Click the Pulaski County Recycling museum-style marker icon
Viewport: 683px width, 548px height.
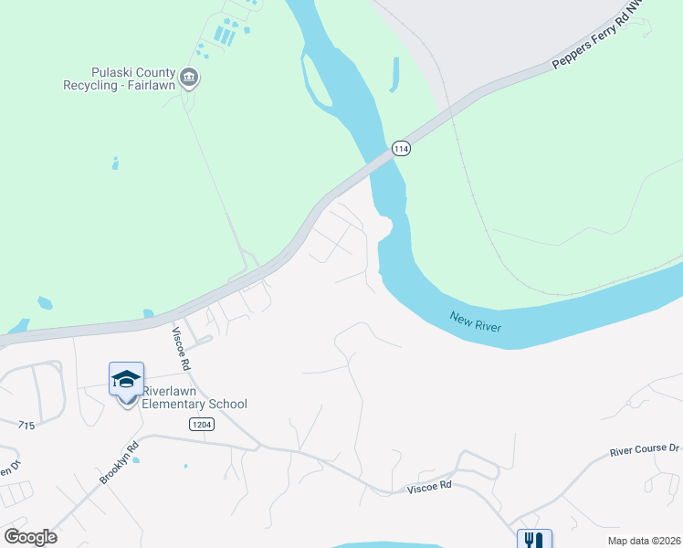coord(189,77)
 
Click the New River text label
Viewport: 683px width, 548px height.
coord(476,321)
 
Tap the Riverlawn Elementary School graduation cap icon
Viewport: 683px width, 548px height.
coord(126,379)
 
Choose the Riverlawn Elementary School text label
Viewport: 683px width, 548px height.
coord(194,398)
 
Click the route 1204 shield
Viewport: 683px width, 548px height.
coord(202,424)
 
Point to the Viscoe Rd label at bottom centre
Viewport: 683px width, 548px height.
coord(429,486)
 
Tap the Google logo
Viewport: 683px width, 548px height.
coord(30,537)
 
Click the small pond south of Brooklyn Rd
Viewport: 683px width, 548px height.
coord(136,459)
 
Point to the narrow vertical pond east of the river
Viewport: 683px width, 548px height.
coord(394,75)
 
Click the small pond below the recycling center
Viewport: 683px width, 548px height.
coord(115,163)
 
